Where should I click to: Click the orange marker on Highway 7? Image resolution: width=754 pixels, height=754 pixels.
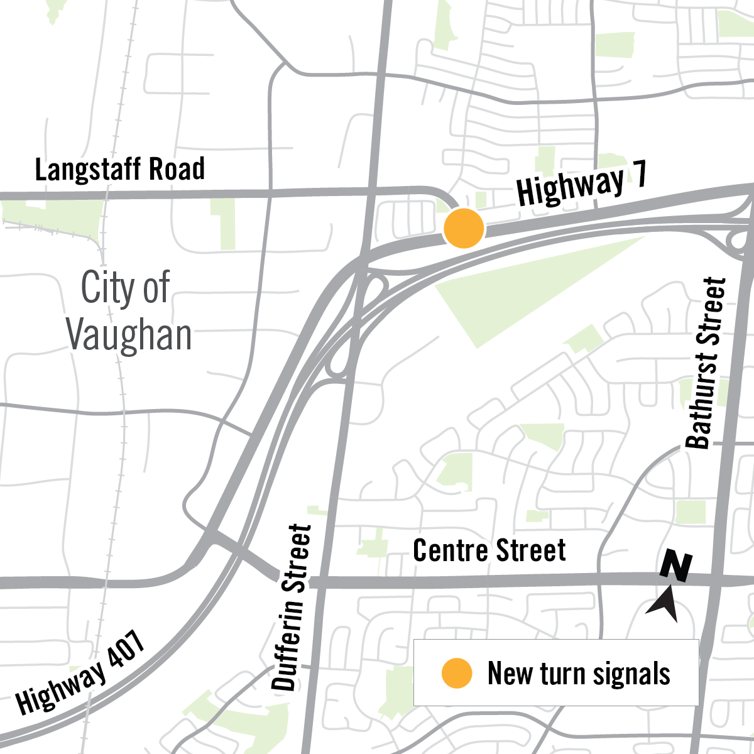464,229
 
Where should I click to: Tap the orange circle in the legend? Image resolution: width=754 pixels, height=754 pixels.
456,673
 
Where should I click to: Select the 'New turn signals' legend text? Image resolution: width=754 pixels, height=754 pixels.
578,674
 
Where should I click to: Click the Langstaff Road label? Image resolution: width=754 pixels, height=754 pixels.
119,170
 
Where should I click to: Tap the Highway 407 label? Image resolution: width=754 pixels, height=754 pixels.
80,672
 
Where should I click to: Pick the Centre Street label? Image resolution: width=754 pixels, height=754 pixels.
489,550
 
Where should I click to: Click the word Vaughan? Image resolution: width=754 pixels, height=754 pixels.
129,334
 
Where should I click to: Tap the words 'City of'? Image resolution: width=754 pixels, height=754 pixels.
125,288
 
